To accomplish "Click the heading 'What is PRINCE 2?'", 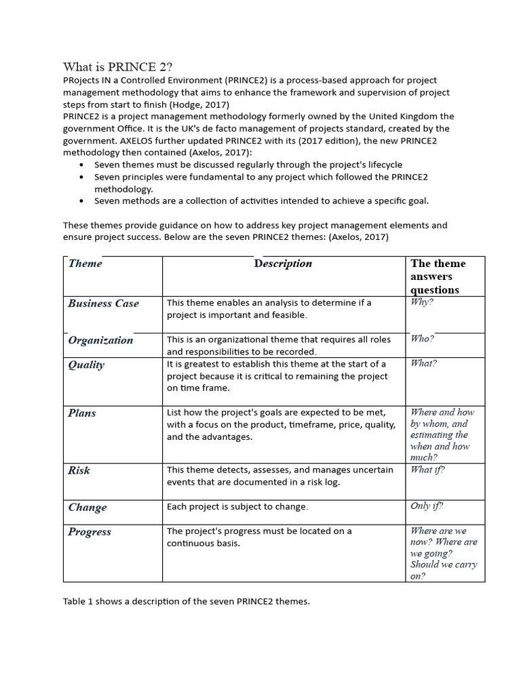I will click(x=118, y=66).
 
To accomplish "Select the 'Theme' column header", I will click(x=85, y=264).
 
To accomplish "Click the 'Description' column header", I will click(x=283, y=264).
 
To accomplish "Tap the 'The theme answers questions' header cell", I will click(x=438, y=277).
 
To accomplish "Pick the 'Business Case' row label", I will click(x=103, y=304).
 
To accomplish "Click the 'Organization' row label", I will click(x=100, y=340).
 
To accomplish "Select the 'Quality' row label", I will click(x=86, y=365).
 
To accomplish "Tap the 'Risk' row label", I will click(x=79, y=470).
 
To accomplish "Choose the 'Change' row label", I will click(x=88, y=507).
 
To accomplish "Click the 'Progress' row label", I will click(x=90, y=532).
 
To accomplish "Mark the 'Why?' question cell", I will click(x=422, y=302).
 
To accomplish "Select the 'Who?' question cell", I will click(x=422, y=338).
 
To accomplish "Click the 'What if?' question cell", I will click(x=427, y=469).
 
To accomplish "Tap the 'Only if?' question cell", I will click(x=427, y=506).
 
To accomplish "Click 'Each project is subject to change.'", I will click(x=237, y=507).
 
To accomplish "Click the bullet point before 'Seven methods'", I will click(x=81, y=201).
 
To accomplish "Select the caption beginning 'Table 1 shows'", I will click(x=186, y=602).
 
